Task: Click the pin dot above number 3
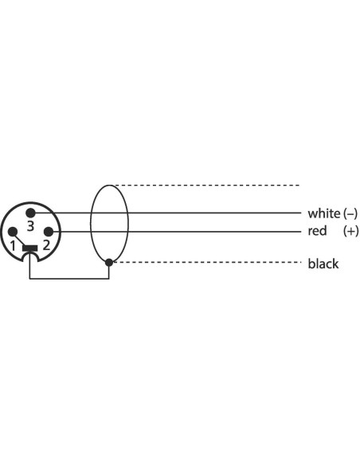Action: tap(30, 213)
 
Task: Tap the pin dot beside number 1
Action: tap(13, 232)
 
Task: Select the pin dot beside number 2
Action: tap(49, 232)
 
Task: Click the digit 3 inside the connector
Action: tap(30, 226)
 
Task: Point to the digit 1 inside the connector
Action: tap(13, 245)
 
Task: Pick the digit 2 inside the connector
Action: tap(46, 245)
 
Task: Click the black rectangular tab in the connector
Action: tap(30, 248)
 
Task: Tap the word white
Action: tap(324, 213)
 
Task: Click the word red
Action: tap(317, 231)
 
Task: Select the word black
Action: tap(323, 264)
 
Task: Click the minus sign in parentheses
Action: tap(350, 213)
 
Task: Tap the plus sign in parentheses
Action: tap(350, 231)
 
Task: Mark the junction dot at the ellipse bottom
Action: tap(109, 262)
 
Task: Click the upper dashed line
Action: tap(207, 186)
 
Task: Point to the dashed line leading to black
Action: tap(207, 262)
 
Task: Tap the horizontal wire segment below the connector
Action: tap(69, 279)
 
